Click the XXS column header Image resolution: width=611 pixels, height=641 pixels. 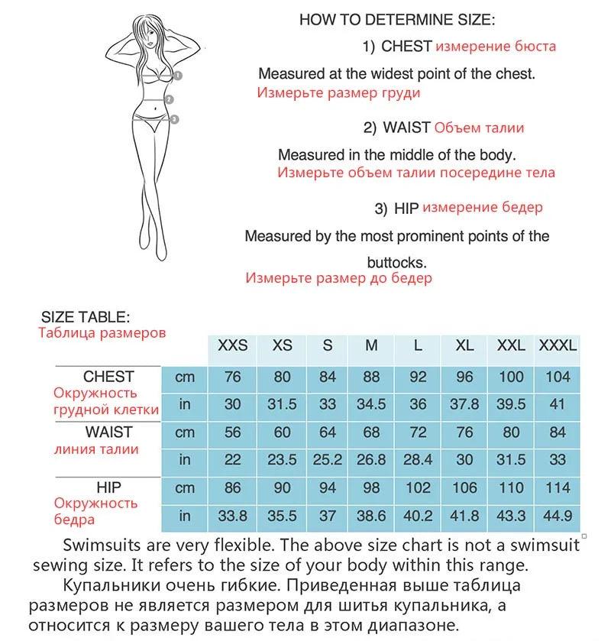click(233, 345)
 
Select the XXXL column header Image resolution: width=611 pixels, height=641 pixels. click(558, 345)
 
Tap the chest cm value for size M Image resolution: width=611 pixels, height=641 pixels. click(371, 377)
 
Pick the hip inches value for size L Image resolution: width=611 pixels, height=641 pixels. click(418, 516)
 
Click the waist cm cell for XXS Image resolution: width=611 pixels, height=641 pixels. click(233, 432)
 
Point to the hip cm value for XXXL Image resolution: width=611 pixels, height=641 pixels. click(558, 488)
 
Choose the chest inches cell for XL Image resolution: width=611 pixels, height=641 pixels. click(464, 405)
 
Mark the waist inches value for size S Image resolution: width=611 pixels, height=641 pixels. click(328, 460)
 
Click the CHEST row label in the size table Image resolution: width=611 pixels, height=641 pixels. click(108, 377)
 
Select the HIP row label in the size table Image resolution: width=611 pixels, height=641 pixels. click(108, 487)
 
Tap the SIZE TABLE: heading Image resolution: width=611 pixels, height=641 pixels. click(86, 317)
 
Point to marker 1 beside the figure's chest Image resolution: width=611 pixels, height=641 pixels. click(177, 76)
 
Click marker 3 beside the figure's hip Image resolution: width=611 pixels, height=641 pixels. click(175, 118)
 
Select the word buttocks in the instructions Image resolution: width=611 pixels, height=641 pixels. click(396, 261)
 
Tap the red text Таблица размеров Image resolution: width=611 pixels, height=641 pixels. click(102, 333)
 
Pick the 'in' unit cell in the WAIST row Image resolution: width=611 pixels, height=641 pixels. click(185, 460)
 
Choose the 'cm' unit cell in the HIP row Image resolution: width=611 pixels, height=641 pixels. click(185, 488)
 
